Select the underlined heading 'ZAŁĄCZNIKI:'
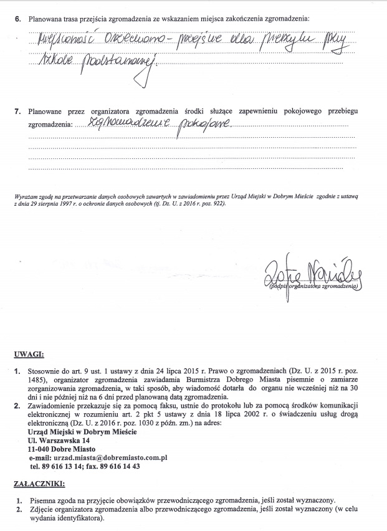[41, 484]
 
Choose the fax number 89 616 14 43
[122, 466]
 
